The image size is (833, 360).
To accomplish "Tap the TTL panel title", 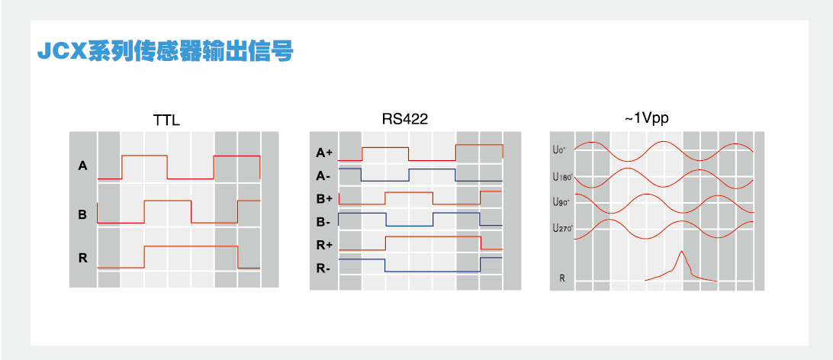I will click(166, 121).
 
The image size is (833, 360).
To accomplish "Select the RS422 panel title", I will click(404, 119).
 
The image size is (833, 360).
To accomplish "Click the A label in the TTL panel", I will click(82, 165).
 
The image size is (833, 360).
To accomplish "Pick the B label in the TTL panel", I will click(82, 214).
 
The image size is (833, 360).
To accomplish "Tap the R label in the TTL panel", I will click(82, 259).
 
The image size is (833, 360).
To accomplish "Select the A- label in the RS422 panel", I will click(323, 175).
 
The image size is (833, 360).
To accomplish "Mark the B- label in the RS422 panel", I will click(323, 222).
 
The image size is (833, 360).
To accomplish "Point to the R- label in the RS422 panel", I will click(323, 268).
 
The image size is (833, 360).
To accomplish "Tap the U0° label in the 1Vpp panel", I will click(559, 150).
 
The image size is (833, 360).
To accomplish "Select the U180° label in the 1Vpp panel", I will click(562, 177).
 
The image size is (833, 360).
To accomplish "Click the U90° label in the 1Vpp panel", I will click(561, 202).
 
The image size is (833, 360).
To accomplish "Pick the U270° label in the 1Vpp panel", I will click(562, 227).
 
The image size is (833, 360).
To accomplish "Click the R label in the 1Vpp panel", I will click(562, 278).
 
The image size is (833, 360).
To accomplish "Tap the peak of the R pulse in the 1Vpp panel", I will click(681, 252).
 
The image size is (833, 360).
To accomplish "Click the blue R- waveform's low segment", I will click(433, 272).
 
